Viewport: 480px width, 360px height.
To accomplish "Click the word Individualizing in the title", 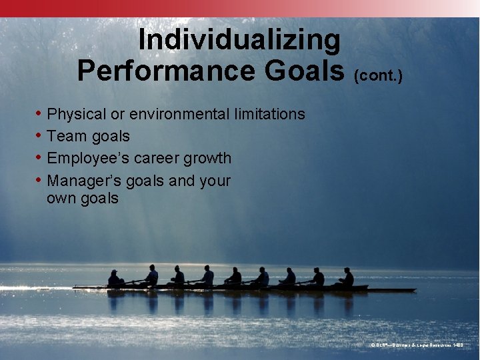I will tap(239, 41).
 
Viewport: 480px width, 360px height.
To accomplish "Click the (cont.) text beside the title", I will tap(379, 76).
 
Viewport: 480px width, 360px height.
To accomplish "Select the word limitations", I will tap(269, 115).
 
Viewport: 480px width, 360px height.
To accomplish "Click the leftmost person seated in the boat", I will tap(115, 279).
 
